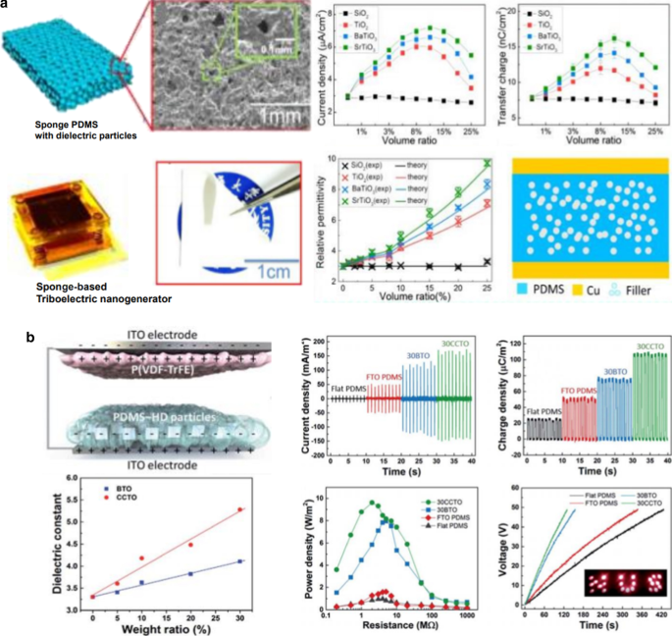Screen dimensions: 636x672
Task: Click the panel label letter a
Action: (7, 5)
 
